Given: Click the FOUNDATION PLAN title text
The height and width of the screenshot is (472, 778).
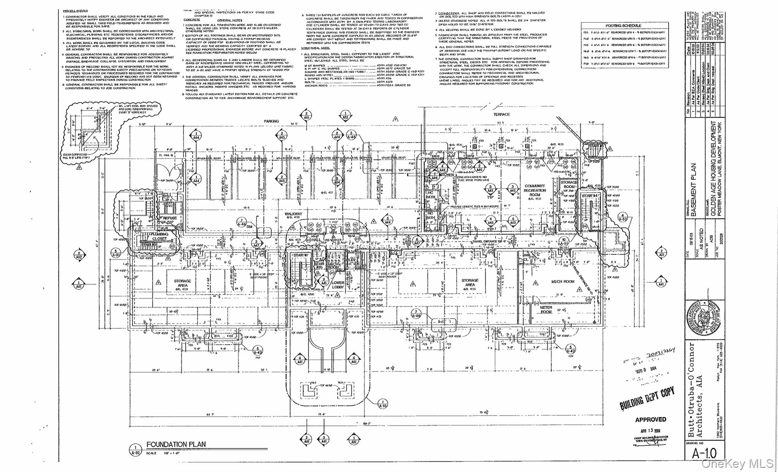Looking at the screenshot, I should click(x=176, y=444).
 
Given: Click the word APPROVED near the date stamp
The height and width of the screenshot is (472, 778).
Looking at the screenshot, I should click(x=650, y=420).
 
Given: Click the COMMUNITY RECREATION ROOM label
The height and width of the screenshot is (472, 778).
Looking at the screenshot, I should click(x=534, y=190).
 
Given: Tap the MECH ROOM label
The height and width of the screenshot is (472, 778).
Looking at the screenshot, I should click(x=563, y=282).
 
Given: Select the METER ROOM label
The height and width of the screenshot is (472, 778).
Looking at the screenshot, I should click(x=546, y=310).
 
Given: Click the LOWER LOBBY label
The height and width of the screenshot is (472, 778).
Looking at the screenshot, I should click(x=338, y=285).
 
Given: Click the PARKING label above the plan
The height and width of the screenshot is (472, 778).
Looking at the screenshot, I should click(x=271, y=121).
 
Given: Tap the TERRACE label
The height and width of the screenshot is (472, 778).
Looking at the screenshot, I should click(x=501, y=114).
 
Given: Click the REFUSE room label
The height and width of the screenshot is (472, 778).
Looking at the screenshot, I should click(x=170, y=218).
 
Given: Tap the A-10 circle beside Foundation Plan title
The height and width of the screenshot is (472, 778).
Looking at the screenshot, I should click(x=135, y=449).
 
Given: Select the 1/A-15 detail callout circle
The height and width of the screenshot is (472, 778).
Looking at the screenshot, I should click(x=383, y=404).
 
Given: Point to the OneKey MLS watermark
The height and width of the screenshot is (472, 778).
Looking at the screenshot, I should click(x=738, y=463).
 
